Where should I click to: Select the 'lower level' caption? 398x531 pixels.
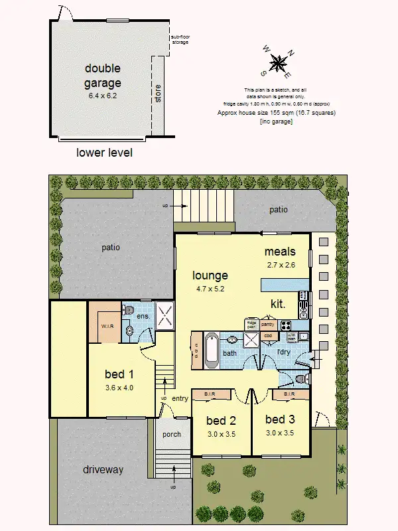coord(104,153)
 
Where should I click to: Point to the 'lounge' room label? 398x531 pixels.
coord(210,275)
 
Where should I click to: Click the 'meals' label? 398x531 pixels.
coord(279,252)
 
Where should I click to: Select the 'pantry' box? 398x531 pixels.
coord(267,325)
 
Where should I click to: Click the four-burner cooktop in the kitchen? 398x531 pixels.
coord(286,325)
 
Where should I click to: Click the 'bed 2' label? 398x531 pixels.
coord(221,420)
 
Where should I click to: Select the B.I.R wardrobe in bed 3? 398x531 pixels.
coord(289,394)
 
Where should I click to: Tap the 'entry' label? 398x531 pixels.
coord(180,398)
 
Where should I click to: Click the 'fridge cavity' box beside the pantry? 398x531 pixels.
coord(251,325)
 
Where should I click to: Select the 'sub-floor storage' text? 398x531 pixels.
coord(179,39)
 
